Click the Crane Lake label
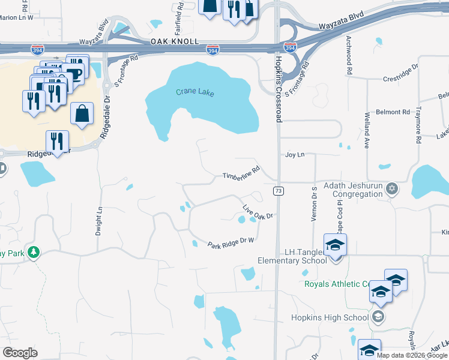(194, 92)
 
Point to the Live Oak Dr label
(258, 211)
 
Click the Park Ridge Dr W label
(232, 242)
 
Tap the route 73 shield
(279, 191)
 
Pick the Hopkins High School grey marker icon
(378, 317)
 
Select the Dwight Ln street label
(100, 221)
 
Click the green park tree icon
(34, 253)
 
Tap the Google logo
(20, 352)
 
